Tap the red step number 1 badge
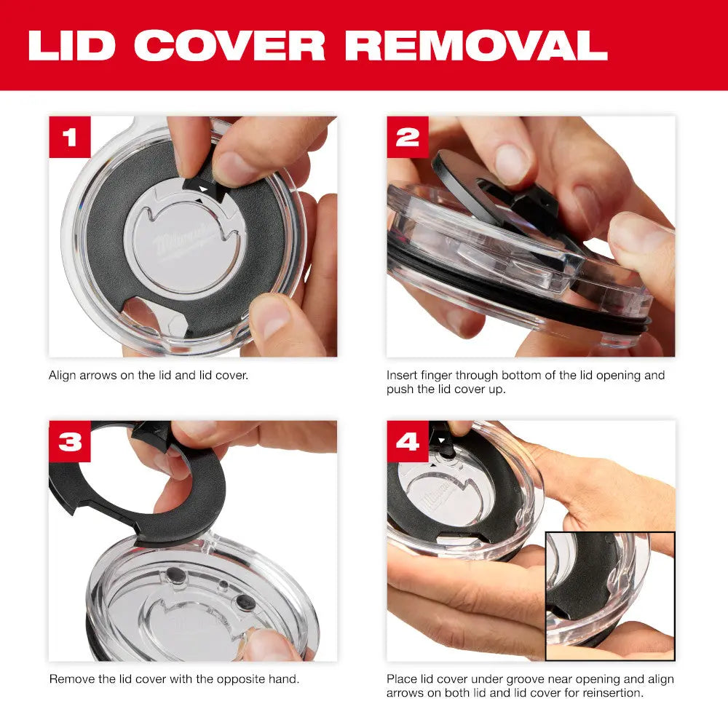pyautogui.click(x=70, y=137)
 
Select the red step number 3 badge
pyautogui.click(x=70, y=441)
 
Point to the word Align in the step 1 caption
pyautogui.click(x=62, y=376)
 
